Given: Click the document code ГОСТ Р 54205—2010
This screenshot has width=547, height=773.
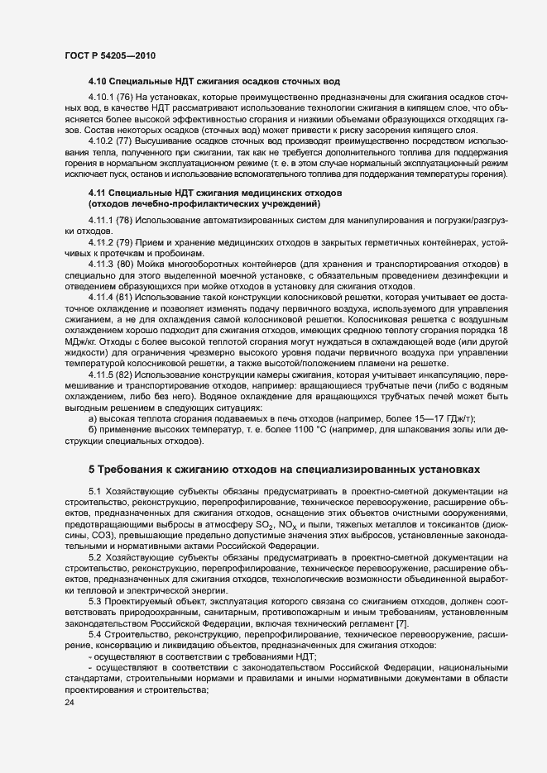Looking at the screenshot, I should click(109, 55).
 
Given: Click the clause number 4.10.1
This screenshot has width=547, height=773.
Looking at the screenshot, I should click(101, 98).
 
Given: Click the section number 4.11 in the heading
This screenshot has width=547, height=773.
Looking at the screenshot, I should click(97, 193).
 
